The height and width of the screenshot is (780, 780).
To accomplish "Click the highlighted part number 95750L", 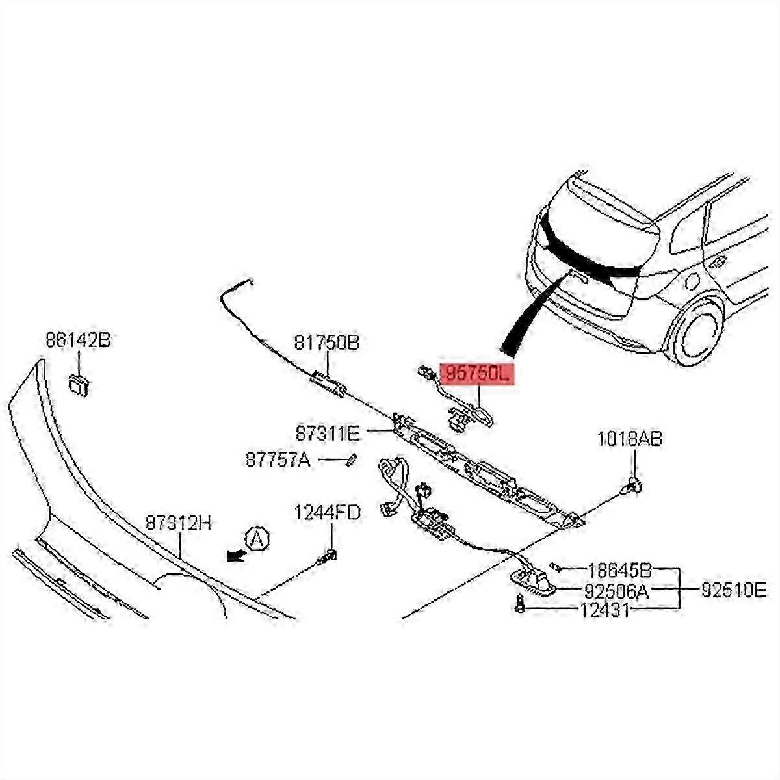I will [477, 374].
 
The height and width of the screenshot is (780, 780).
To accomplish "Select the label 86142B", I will [78, 340].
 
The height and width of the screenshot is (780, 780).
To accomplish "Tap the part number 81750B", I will [326, 342].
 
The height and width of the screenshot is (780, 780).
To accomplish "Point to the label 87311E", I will [327, 431].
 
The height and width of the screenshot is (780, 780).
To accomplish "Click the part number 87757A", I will [278, 460].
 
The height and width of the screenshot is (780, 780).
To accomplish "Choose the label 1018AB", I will [629, 440].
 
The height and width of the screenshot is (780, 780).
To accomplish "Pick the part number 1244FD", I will [327, 513].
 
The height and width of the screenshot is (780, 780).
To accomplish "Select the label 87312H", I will [178, 523].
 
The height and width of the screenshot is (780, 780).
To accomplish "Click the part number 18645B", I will [619, 571].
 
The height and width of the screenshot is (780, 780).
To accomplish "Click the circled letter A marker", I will [257, 539].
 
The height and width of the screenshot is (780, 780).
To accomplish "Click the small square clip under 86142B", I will [79, 385].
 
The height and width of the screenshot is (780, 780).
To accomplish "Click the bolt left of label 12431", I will [519, 604].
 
